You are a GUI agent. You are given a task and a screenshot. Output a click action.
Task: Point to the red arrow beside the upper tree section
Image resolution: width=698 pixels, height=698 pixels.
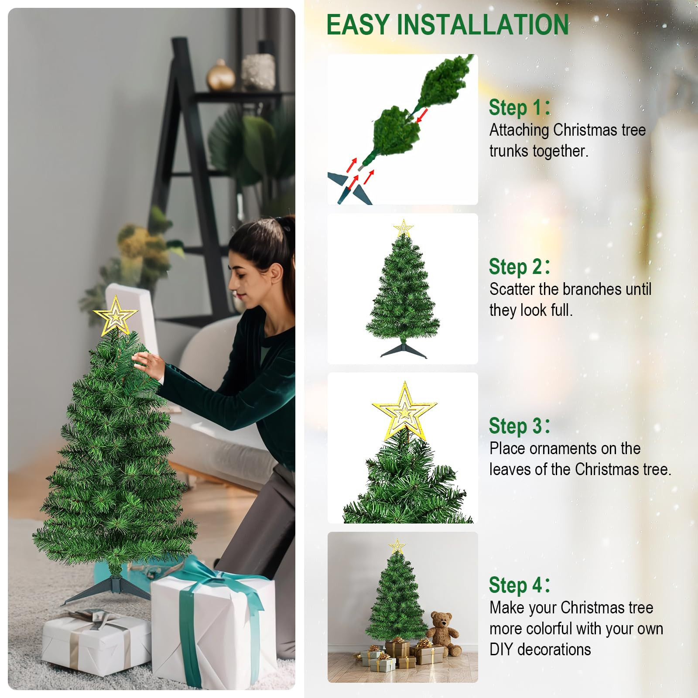421,116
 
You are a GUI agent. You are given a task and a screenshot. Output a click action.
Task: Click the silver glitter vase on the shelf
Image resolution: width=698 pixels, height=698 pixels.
258,71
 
